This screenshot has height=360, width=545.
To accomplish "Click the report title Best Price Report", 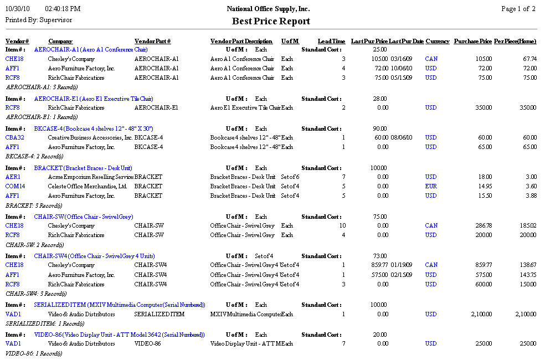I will coord(271,22).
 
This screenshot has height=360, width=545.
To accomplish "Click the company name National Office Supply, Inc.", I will coord(268,9).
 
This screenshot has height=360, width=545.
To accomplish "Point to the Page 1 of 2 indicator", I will coord(518,9).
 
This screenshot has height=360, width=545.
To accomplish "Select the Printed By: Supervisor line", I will coord(38,20).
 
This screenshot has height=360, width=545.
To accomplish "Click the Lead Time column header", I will coord(331,42).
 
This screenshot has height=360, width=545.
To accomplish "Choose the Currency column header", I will coord(438,42).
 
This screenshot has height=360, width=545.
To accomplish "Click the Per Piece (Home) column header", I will coord(515,42).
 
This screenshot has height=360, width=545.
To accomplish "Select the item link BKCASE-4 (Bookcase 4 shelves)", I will coord(94,128).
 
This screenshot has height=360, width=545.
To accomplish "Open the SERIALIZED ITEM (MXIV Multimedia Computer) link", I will coord(119,305).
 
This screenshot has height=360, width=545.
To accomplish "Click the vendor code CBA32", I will coord(14,137).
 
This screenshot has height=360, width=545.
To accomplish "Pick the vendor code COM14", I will coord(15,186).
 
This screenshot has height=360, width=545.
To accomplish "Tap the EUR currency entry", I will coord(431,186).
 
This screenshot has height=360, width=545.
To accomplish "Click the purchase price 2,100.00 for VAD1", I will coord(479,314).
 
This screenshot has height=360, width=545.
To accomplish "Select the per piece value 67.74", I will coord(529,59).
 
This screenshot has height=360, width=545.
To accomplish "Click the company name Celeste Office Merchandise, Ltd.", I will coord(88,186).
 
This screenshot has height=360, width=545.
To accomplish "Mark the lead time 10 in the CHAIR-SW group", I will coord(342,225).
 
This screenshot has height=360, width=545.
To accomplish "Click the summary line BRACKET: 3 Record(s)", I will coord(34,205).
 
